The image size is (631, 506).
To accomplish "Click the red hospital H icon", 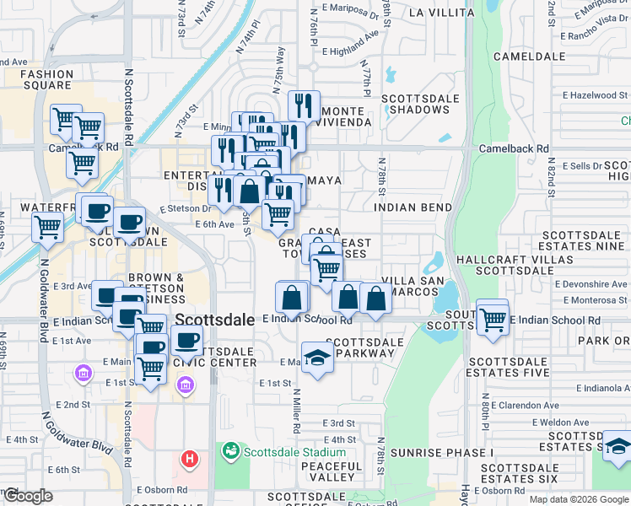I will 190,459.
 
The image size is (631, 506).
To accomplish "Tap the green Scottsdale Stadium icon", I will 230,451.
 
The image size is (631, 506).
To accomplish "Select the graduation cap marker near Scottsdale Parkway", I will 316,357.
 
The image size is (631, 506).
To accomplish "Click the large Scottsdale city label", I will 215,320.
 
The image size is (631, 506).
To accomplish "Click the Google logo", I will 28,496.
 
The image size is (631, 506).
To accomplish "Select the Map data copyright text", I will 579,499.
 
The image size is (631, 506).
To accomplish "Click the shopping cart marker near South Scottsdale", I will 492,317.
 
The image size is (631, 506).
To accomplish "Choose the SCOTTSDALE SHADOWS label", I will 416,104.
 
